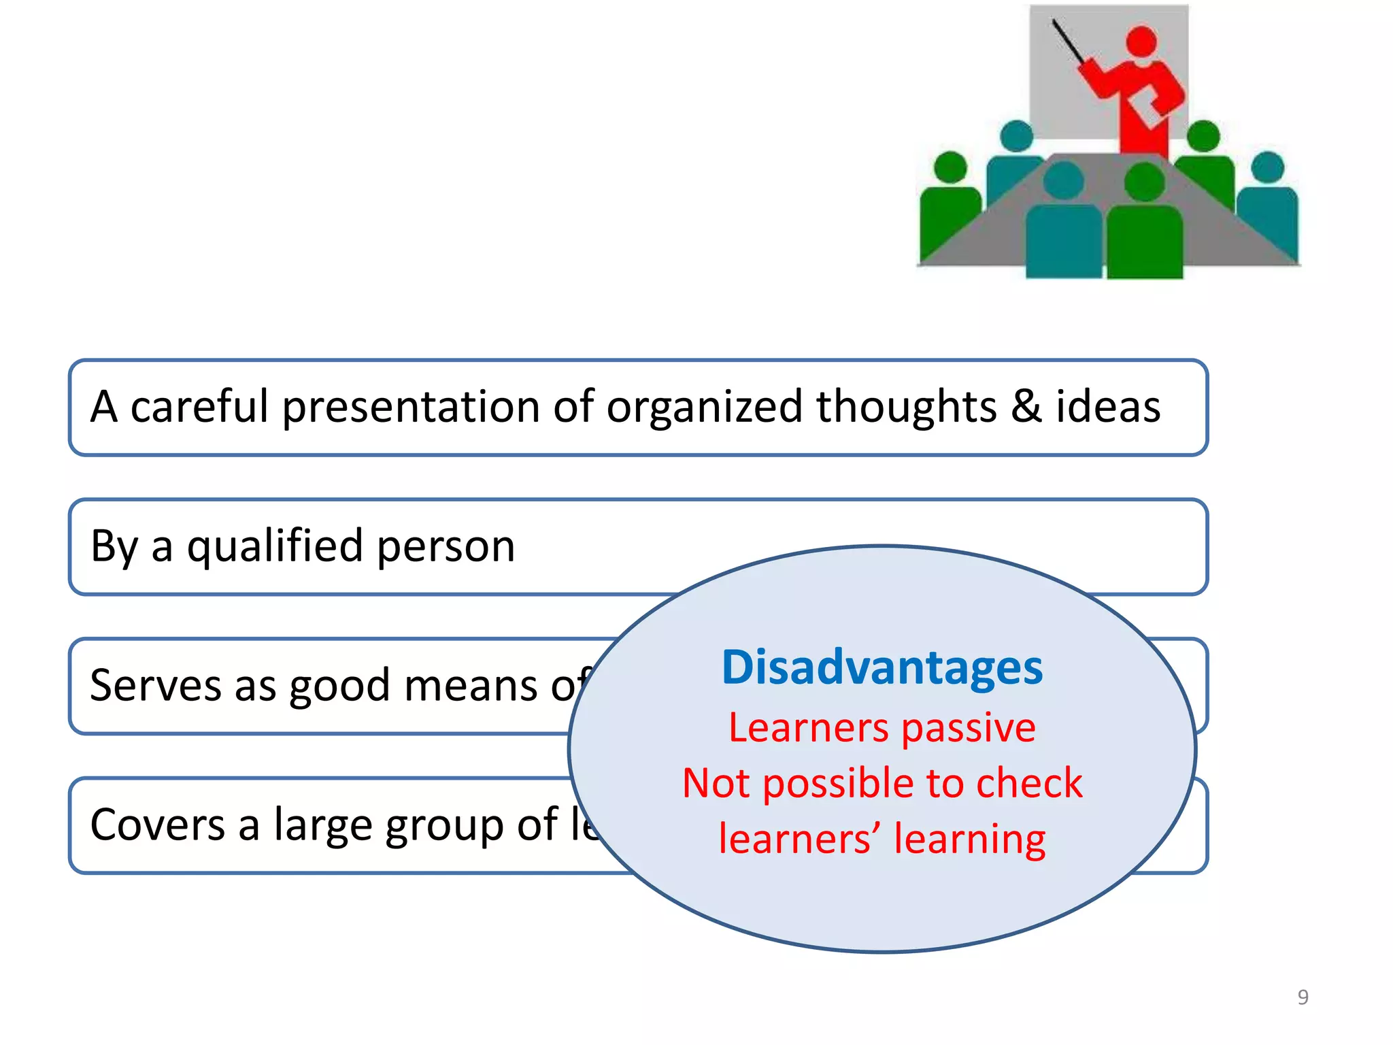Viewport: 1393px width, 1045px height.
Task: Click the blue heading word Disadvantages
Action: tap(882, 668)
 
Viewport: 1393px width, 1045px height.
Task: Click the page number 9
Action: tap(1303, 997)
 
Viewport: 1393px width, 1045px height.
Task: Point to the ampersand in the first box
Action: tap(1026, 407)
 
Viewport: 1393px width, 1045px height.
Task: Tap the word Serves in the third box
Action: tap(155, 686)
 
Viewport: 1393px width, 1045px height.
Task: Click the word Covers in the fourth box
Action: tap(158, 825)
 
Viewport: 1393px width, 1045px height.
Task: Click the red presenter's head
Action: tap(1141, 41)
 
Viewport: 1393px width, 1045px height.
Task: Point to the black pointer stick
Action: tap(1069, 42)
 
